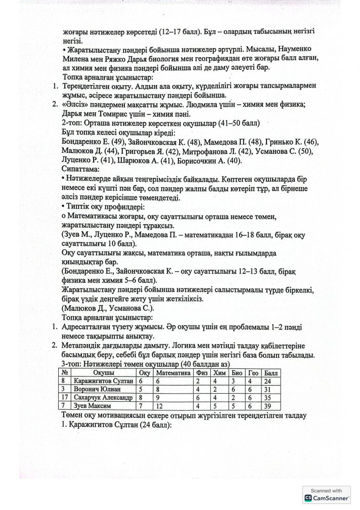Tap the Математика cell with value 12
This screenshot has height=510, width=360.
tap(161, 406)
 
